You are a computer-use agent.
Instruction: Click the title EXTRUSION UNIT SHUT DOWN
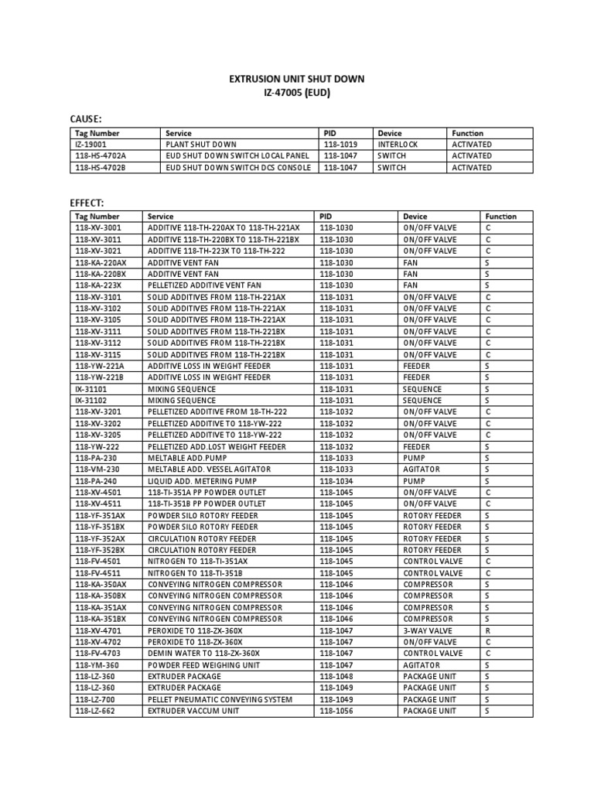tap(297, 79)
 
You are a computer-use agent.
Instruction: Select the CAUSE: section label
tap(86, 118)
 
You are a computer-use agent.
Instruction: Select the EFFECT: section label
tap(87, 203)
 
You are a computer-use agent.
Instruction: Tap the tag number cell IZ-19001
tap(91, 145)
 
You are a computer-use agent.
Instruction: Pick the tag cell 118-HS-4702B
tap(101, 168)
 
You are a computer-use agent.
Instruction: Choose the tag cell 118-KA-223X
tap(98, 285)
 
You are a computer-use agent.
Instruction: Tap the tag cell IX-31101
tap(91, 389)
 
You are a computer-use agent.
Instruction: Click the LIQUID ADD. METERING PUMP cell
tap(202, 481)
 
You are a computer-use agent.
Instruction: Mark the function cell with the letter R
tap(488, 630)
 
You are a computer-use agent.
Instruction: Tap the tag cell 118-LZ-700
tap(97, 699)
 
